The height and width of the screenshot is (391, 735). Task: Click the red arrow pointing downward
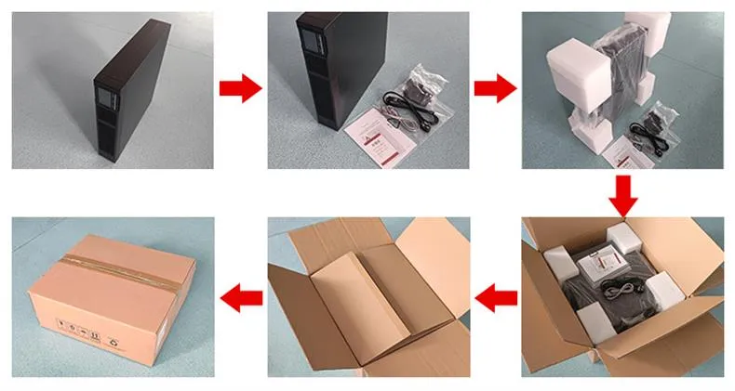pyautogui.click(x=624, y=193)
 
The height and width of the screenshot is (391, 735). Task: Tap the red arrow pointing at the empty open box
pyautogui.click(x=497, y=297)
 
